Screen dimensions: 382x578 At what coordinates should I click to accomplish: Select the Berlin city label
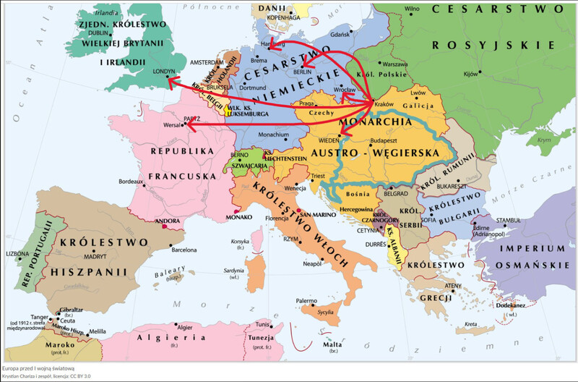point(302,72)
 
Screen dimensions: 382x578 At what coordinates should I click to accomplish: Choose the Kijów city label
point(470,74)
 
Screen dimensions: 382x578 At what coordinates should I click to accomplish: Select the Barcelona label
point(184,250)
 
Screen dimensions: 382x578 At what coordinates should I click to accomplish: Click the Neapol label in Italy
point(311,264)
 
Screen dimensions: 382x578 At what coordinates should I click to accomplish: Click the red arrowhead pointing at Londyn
point(171,82)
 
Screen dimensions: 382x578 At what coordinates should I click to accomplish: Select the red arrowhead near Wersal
point(188,125)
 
